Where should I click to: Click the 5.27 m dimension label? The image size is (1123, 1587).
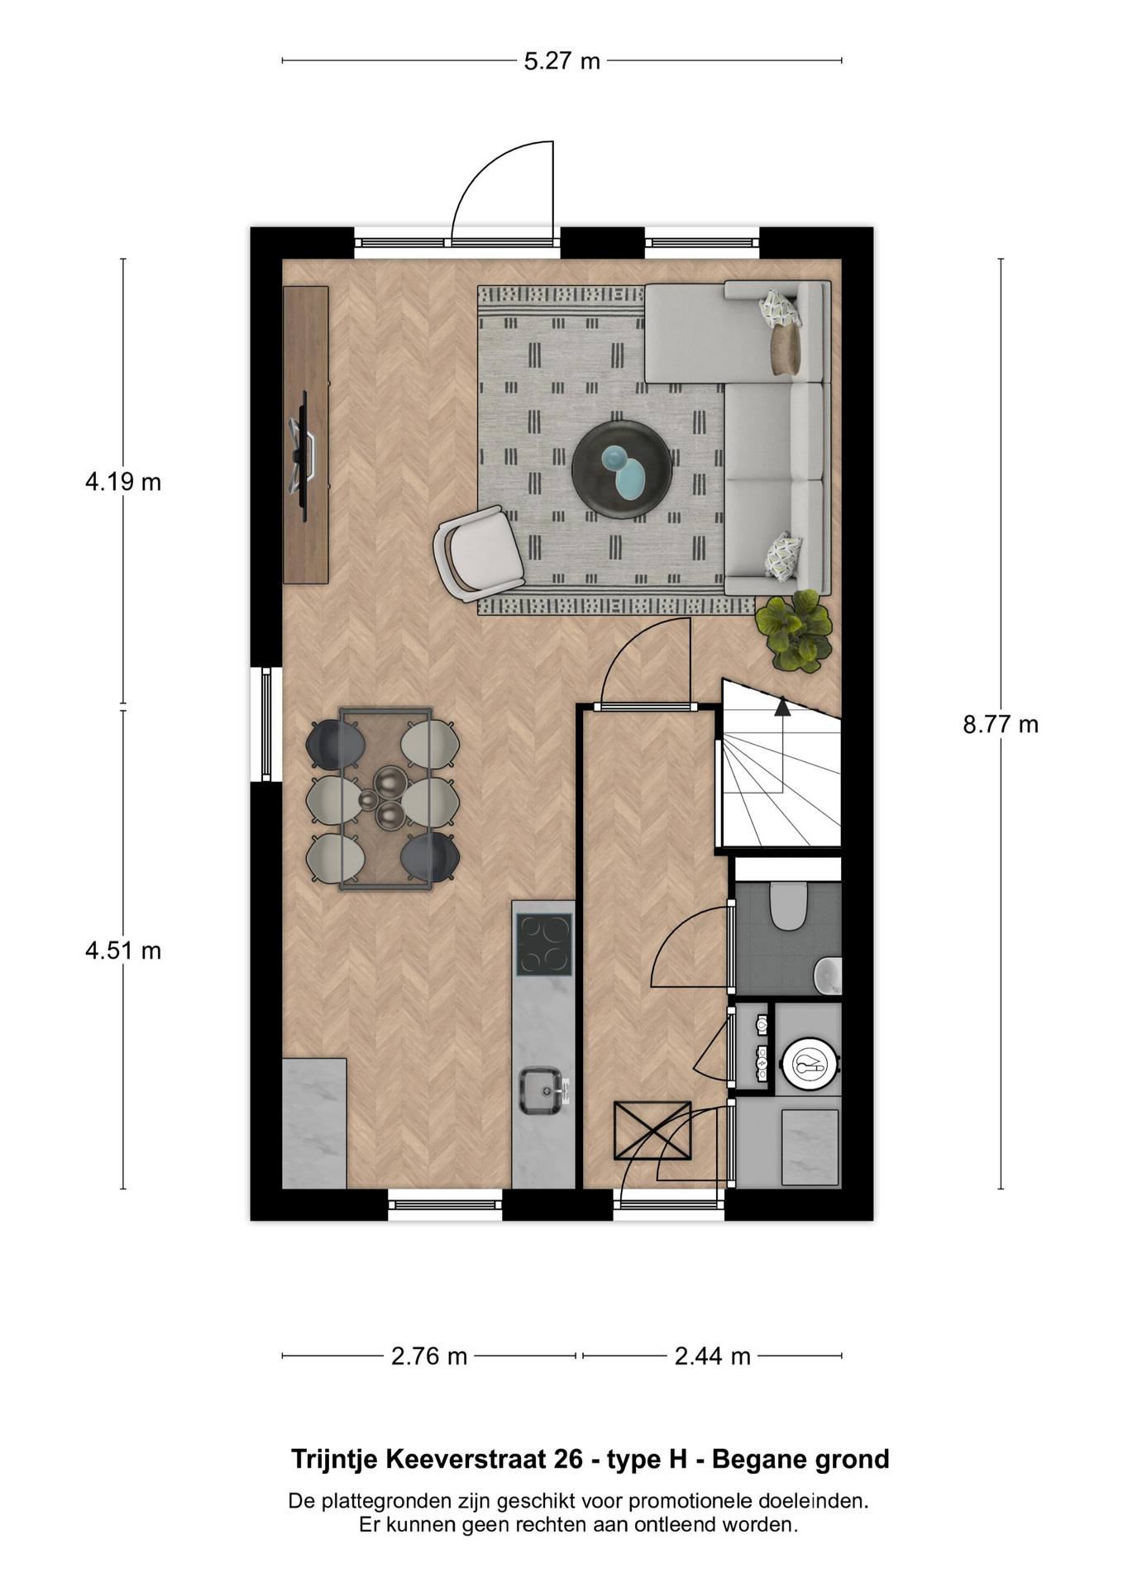point(561,61)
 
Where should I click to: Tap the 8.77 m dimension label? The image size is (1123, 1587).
point(1001,724)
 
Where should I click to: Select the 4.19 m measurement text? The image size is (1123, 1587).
point(123,481)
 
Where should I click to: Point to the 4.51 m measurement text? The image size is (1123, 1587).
point(123,951)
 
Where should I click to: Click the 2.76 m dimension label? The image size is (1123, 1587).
point(429,1356)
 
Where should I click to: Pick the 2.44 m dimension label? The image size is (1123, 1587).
point(712,1356)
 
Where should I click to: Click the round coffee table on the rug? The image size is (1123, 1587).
point(622,470)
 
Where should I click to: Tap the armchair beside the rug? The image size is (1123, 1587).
point(479,551)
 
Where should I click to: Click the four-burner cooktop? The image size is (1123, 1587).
point(544,944)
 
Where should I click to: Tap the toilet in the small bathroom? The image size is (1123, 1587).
point(788,906)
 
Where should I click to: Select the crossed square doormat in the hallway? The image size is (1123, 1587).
point(652,1131)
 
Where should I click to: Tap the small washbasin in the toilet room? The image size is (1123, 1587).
point(829,975)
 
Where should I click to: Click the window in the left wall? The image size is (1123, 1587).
point(266,725)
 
